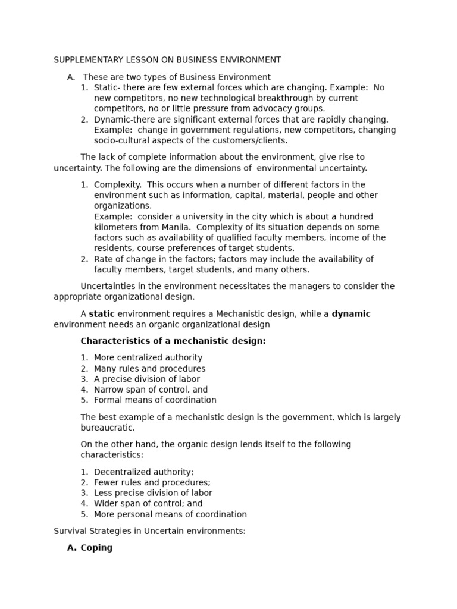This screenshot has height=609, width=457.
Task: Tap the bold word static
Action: [x=102, y=314]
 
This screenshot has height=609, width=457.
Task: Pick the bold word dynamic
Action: [x=350, y=314]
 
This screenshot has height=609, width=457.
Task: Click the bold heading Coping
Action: [x=96, y=548]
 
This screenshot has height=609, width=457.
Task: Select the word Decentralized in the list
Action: [x=121, y=472]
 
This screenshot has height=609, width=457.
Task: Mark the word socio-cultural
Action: [x=123, y=141]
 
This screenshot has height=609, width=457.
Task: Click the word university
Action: [x=193, y=216]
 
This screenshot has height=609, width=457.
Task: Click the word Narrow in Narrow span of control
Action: [x=108, y=390]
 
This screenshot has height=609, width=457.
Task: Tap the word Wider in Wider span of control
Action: [x=106, y=504]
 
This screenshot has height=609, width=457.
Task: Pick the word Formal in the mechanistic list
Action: [x=108, y=400]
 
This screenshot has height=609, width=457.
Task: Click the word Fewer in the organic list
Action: [x=107, y=482]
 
